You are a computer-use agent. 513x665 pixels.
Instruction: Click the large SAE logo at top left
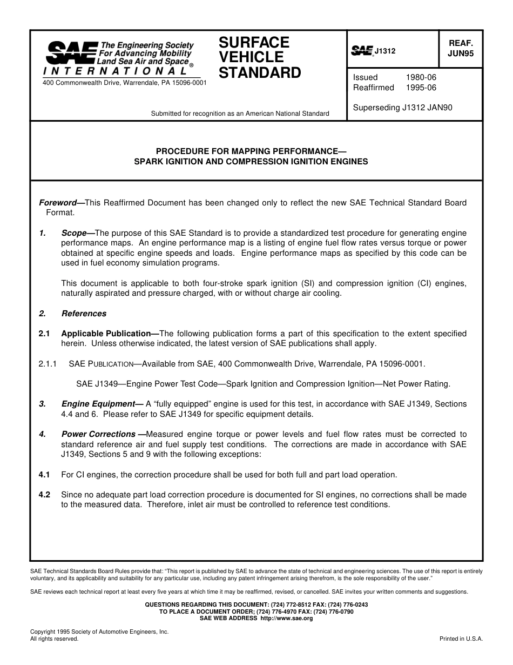pos(71,53)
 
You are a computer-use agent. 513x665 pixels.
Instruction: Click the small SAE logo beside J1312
pos(362,51)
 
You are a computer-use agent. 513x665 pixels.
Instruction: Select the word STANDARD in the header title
pos(260,72)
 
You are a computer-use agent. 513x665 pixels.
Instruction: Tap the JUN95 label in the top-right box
pos(461,54)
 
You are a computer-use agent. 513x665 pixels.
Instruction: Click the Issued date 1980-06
pos(421,77)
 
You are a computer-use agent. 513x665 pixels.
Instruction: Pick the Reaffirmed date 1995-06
pos(421,88)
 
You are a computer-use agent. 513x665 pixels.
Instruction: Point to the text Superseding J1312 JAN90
pos(402,108)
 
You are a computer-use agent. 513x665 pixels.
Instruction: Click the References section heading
pos(84,314)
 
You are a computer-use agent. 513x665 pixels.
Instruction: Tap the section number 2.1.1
pos(48,364)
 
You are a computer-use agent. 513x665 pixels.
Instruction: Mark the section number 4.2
pos(44,495)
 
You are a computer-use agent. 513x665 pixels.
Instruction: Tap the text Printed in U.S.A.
pos(461,639)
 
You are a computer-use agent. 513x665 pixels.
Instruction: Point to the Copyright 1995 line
pos(99,631)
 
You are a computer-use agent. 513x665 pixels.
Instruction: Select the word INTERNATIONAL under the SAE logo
pos(116,71)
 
